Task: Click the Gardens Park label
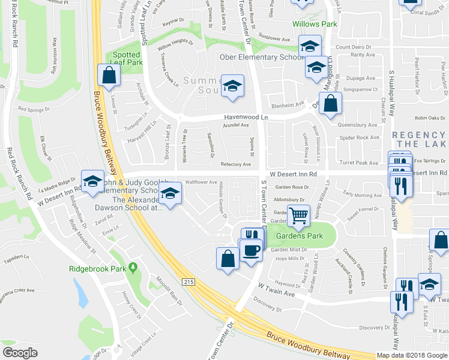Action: click(x=298, y=236)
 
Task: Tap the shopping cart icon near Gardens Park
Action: click(x=298, y=215)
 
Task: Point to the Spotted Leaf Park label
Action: click(x=127, y=58)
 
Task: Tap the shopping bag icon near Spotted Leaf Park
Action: click(x=109, y=75)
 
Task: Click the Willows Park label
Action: click(x=315, y=25)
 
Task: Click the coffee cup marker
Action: click(x=252, y=248)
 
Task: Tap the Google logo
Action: click(x=20, y=352)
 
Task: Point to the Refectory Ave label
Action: click(x=235, y=164)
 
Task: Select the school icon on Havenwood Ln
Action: click(x=232, y=86)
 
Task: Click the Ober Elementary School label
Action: click(x=262, y=58)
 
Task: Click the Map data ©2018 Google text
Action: click(x=412, y=355)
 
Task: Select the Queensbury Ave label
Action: click(x=358, y=125)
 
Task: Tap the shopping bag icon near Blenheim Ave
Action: click(x=331, y=104)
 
